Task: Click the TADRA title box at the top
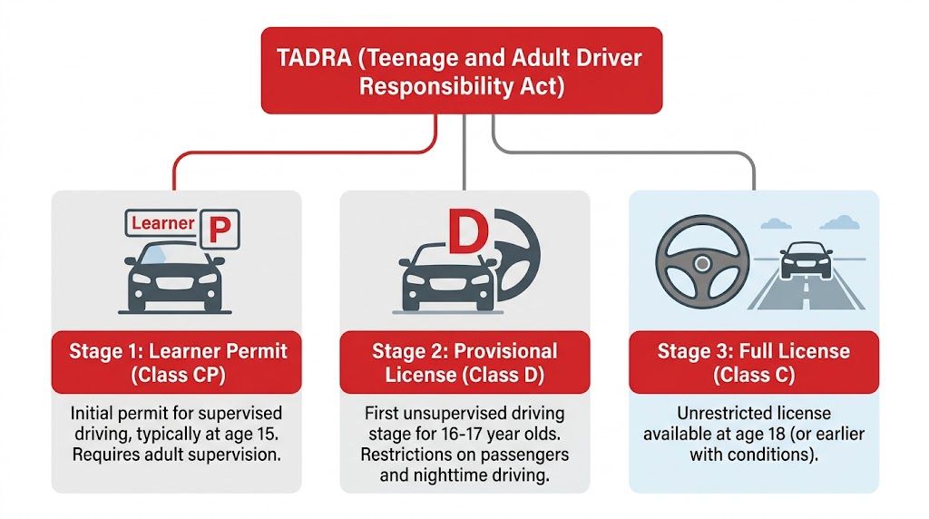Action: point(462,71)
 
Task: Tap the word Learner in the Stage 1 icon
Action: point(163,223)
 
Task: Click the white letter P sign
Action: point(220,230)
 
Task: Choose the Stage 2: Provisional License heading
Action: point(464,362)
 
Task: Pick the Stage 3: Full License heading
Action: point(753,362)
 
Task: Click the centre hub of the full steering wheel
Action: point(701,263)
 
